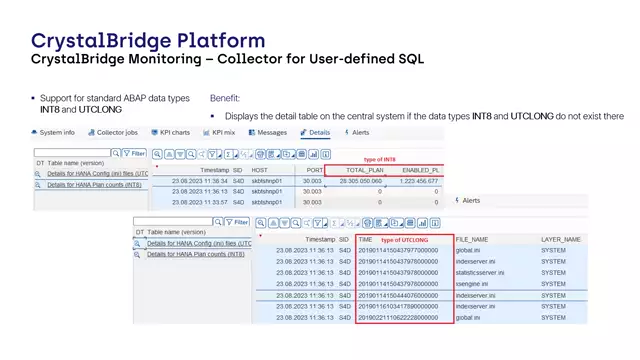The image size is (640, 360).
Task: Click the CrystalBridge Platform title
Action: coord(148,41)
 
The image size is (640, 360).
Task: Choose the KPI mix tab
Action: coord(223,132)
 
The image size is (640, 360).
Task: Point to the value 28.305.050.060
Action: coord(362,181)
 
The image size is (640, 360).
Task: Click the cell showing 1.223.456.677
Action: coord(415,181)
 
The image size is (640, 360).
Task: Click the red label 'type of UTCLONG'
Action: coord(405,240)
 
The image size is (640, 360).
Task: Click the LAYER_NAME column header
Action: coord(560,240)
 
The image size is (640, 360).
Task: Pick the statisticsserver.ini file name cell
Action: coord(488,273)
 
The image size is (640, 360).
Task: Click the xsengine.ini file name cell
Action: coord(476,284)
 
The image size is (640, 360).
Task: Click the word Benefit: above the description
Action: coord(226,99)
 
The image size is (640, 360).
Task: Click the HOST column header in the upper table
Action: coord(259,170)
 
